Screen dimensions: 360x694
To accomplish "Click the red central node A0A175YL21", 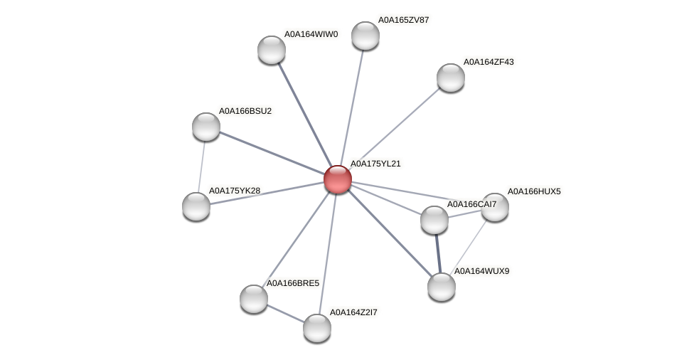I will tap(338, 179).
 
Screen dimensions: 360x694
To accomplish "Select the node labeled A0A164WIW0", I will tap(272, 50).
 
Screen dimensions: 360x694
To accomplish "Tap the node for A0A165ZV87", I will tap(365, 36).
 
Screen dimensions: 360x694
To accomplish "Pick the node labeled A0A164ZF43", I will tap(450, 78).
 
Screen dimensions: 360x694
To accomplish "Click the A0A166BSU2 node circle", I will tap(206, 127).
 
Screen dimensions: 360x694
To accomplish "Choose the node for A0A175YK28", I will tap(196, 206).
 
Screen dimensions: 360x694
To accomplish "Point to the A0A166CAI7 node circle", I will tap(434, 220).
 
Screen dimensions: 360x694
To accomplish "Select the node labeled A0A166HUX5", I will tap(495, 207).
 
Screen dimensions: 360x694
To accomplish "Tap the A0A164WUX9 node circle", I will tap(442, 287).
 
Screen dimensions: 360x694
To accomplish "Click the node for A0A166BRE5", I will tap(254, 299).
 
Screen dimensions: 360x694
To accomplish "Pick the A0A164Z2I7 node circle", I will tap(317, 328).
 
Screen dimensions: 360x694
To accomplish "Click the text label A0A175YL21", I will tap(375, 164).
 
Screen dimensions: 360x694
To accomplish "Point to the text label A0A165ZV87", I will tap(403, 20).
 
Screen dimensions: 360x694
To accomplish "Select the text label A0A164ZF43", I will tap(489, 63).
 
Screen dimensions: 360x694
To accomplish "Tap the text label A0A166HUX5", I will tap(534, 191).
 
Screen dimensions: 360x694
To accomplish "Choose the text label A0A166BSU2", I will tap(245, 111).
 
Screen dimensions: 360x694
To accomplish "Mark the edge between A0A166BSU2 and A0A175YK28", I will tap(201, 166).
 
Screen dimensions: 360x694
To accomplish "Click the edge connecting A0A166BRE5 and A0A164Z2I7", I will tap(285, 313).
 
